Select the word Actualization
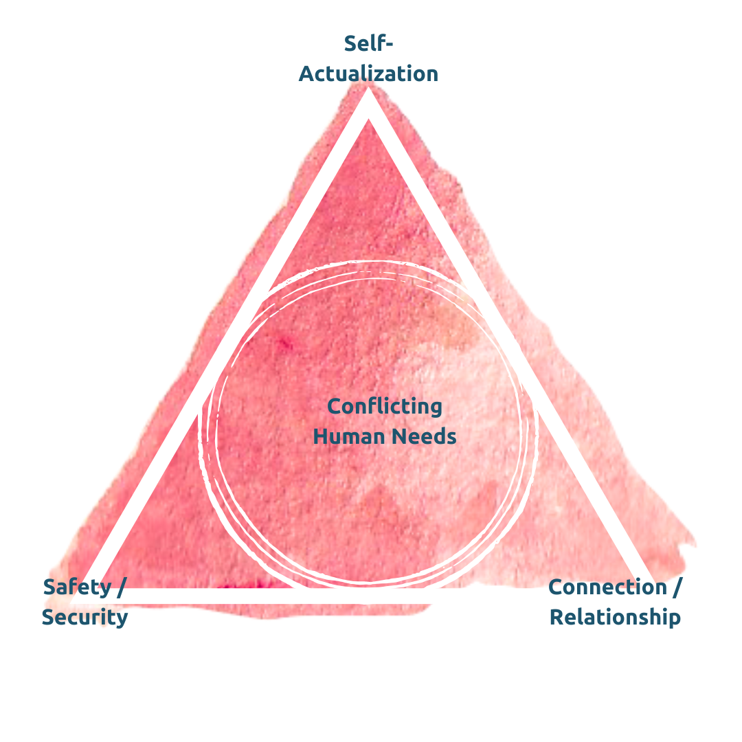[x=368, y=74]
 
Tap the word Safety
[x=77, y=587]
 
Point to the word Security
[x=85, y=617]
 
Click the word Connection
[x=608, y=587]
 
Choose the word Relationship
[x=616, y=617]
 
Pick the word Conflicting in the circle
[x=385, y=406]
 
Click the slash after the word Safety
[x=122, y=588]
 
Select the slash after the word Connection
[x=677, y=588]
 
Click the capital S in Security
[x=48, y=617]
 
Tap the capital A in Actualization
[x=306, y=74]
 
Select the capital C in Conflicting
[x=335, y=406]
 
